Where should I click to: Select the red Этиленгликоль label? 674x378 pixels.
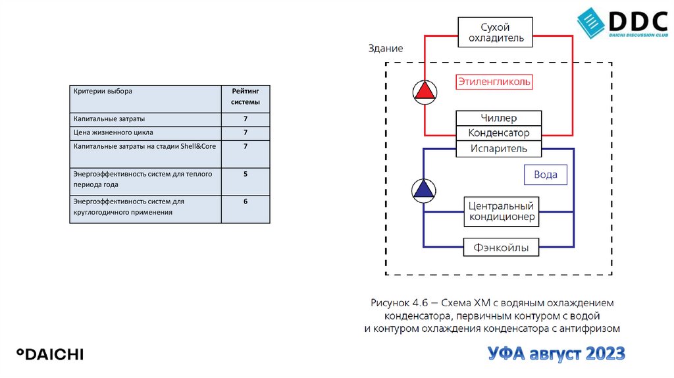pyautogui.click(x=494, y=82)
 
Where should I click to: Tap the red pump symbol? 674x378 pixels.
pyautogui.click(x=425, y=92)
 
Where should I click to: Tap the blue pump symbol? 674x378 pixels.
pyautogui.click(x=424, y=191)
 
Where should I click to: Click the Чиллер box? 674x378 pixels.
pyautogui.click(x=499, y=119)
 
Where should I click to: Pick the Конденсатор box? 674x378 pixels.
pyautogui.click(x=499, y=134)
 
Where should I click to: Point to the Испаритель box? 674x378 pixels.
pyautogui.click(x=499, y=149)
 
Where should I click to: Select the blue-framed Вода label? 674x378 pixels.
pyautogui.click(x=546, y=175)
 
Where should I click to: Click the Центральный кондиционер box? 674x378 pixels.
pyautogui.click(x=502, y=211)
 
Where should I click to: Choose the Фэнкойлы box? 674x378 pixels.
pyautogui.click(x=502, y=248)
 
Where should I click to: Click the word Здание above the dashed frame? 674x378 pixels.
pyautogui.click(x=386, y=49)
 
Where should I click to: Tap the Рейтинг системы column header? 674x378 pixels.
pyautogui.click(x=245, y=97)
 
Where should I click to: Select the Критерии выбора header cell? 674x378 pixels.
pyautogui.click(x=103, y=91)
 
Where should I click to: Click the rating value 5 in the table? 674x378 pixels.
pyautogui.click(x=245, y=175)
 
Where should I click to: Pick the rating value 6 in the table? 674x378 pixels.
pyautogui.click(x=245, y=202)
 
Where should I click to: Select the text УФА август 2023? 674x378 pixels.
pyautogui.click(x=556, y=354)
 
